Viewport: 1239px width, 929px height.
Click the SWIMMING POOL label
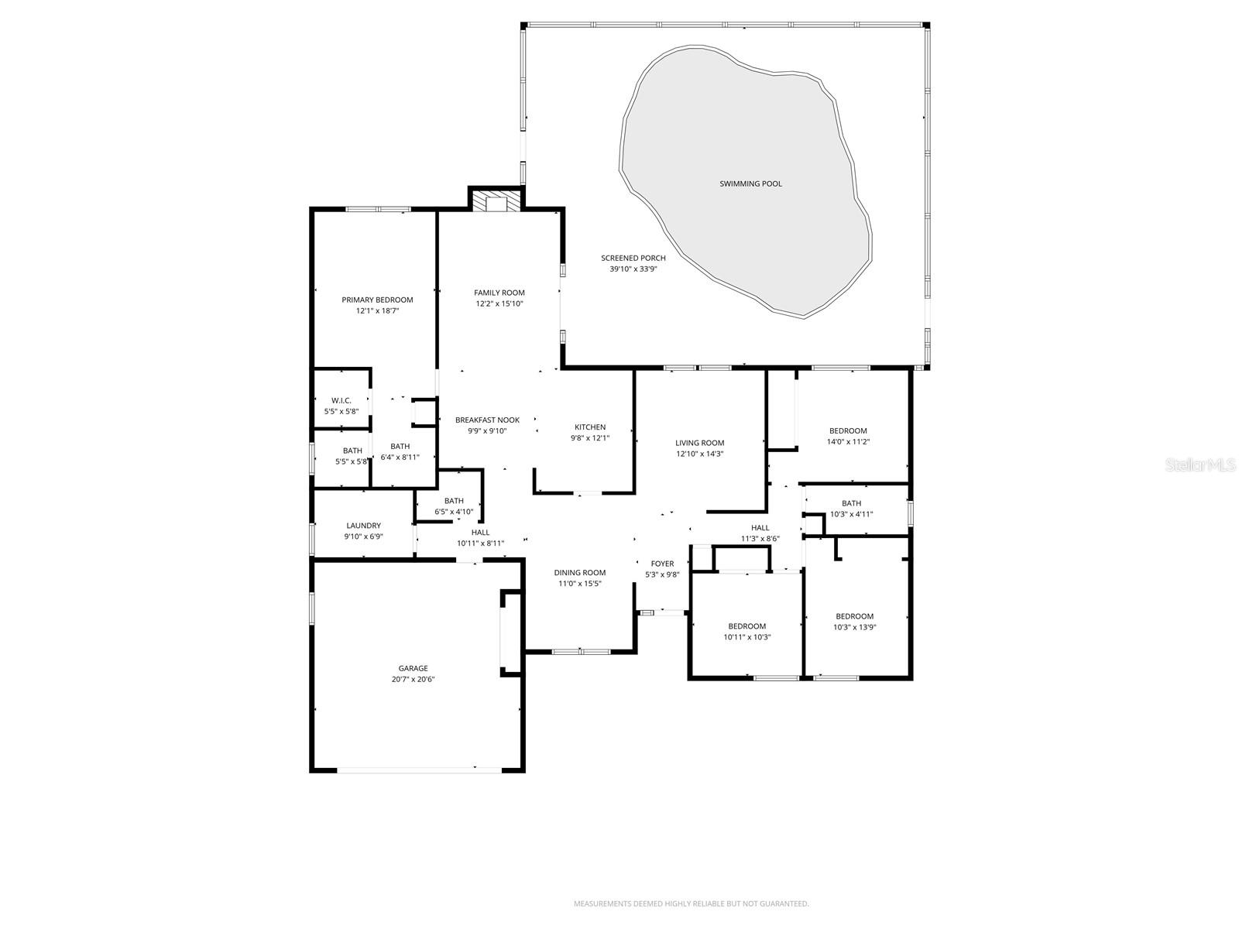point(750,184)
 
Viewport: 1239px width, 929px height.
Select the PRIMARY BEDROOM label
point(377,300)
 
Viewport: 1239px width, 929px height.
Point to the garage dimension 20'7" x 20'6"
point(413,680)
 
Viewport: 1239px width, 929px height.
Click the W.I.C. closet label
point(341,400)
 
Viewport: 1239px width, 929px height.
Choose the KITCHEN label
point(590,427)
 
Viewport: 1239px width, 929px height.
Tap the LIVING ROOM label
point(699,443)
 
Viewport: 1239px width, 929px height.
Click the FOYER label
point(662,564)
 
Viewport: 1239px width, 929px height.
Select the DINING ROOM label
point(580,573)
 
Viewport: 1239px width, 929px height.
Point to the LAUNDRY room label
point(363,526)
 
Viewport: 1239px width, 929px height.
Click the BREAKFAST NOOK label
point(487,420)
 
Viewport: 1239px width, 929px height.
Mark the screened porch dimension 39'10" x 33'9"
point(633,269)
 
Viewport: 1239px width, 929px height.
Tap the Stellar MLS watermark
point(1200,465)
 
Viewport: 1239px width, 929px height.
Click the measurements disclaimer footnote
point(691,903)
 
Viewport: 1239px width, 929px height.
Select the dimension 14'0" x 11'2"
point(848,442)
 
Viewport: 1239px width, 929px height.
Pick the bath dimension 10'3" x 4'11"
point(851,514)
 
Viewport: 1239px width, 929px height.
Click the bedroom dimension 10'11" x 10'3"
point(746,637)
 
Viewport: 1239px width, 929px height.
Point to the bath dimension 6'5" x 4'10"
point(453,512)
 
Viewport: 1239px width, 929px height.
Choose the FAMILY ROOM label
point(499,293)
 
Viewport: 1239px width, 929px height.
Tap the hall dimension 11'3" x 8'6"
point(760,539)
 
